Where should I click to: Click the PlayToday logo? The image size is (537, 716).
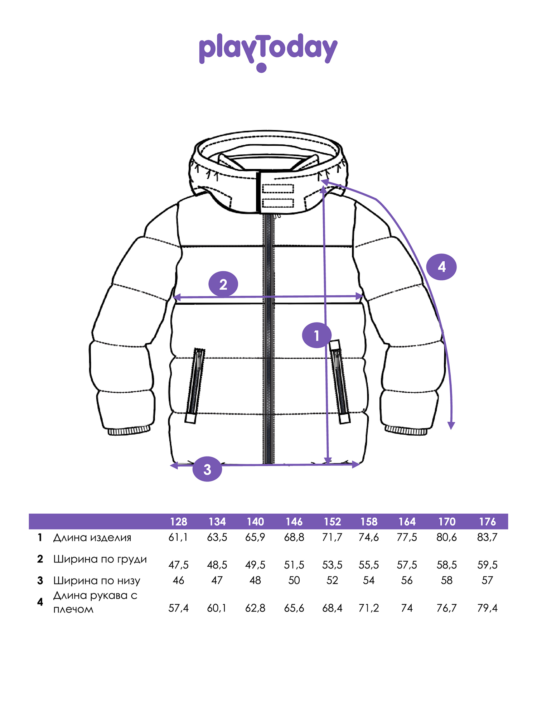click(268, 52)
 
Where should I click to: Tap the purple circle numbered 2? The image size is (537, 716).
click(223, 284)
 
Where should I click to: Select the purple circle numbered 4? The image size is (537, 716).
click(441, 267)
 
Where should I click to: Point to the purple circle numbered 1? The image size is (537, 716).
click(316, 335)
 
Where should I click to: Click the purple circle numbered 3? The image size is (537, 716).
click(207, 469)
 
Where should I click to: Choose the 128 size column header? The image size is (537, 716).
click(179, 522)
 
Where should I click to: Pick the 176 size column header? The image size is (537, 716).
click(488, 522)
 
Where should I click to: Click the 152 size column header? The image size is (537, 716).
click(332, 522)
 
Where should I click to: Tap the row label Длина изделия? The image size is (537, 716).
click(92, 538)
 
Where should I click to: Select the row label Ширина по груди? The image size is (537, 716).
click(100, 560)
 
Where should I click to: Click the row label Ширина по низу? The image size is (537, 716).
click(97, 581)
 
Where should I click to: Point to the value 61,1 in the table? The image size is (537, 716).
click(178, 537)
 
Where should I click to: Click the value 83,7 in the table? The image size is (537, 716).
click(487, 537)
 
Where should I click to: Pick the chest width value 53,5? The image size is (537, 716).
click(332, 565)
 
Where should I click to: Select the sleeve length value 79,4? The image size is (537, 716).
click(487, 608)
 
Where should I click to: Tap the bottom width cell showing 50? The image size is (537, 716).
click(294, 580)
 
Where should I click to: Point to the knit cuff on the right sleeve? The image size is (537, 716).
click(406, 430)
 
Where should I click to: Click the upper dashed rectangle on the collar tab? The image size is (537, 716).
click(278, 188)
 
